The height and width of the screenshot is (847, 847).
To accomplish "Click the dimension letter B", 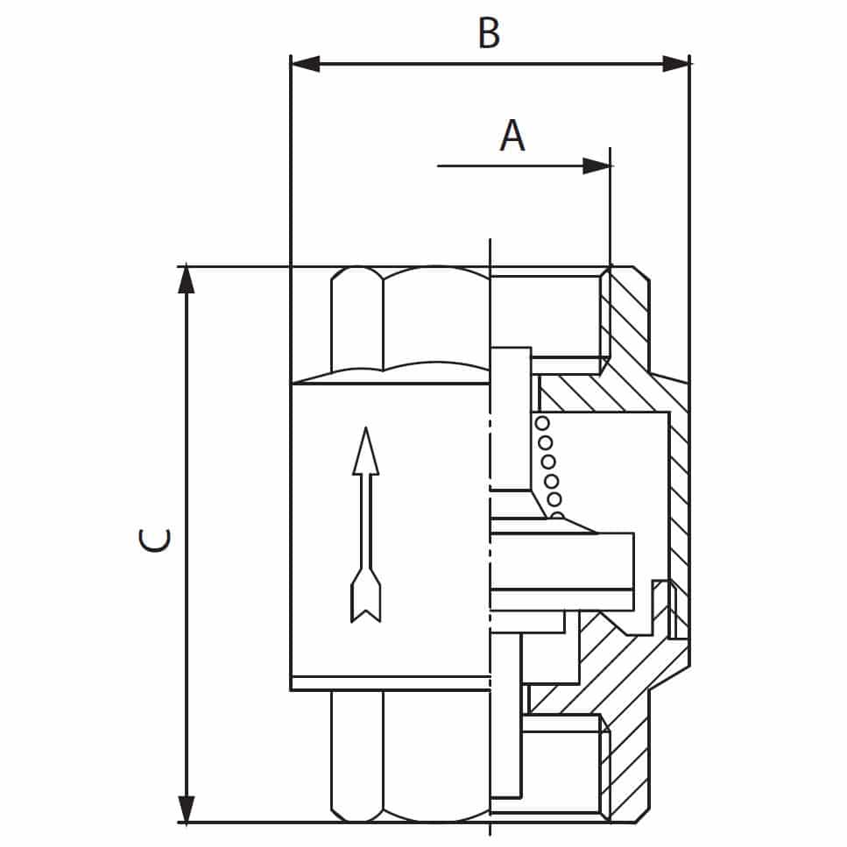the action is point(489,33).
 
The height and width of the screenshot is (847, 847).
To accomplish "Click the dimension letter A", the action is point(512,135).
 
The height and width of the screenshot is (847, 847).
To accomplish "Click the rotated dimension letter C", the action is point(155,540).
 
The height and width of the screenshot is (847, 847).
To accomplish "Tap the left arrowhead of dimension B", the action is point(305,64).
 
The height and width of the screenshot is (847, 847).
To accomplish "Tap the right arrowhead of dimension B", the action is point(676,64).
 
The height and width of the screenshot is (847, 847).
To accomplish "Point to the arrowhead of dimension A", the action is point(596,166).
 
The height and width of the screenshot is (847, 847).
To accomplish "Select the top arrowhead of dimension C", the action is point(187,279).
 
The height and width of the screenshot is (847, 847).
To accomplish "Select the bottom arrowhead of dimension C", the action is point(187,808).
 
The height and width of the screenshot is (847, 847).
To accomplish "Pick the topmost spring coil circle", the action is point(542,423).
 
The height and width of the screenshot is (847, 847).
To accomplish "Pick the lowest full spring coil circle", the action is point(554,499).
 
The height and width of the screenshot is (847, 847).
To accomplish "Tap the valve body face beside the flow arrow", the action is point(390,529).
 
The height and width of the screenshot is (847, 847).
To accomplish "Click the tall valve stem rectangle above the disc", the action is point(511,419).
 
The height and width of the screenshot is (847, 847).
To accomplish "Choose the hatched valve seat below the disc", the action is point(605,665).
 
